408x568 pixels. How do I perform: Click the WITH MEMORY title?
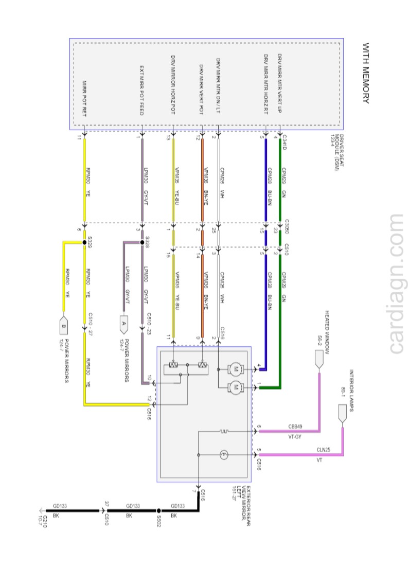(x=366, y=74)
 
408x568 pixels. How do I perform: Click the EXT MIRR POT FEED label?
(x=142, y=90)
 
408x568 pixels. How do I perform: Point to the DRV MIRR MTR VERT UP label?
(x=279, y=85)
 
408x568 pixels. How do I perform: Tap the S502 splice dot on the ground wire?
(x=159, y=511)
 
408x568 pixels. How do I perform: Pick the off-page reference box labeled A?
(x=123, y=324)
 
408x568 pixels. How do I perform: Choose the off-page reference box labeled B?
(x=64, y=325)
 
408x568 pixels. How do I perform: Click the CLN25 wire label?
(x=323, y=450)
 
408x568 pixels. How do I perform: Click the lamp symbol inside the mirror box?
(x=224, y=455)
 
